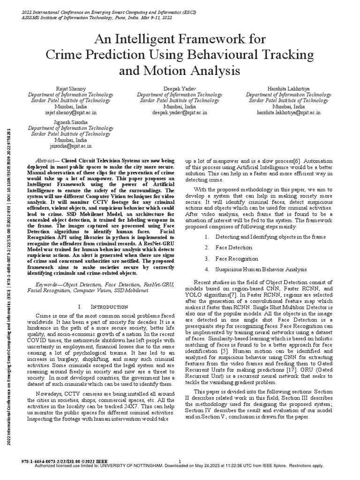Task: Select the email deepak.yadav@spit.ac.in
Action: click(x=180, y=113)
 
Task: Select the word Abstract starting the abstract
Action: click(x=46, y=160)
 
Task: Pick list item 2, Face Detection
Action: click(x=233, y=247)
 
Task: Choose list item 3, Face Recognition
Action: click(x=237, y=258)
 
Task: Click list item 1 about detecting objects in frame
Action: click(x=270, y=237)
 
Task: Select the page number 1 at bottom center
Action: click(x=180, y=461)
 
